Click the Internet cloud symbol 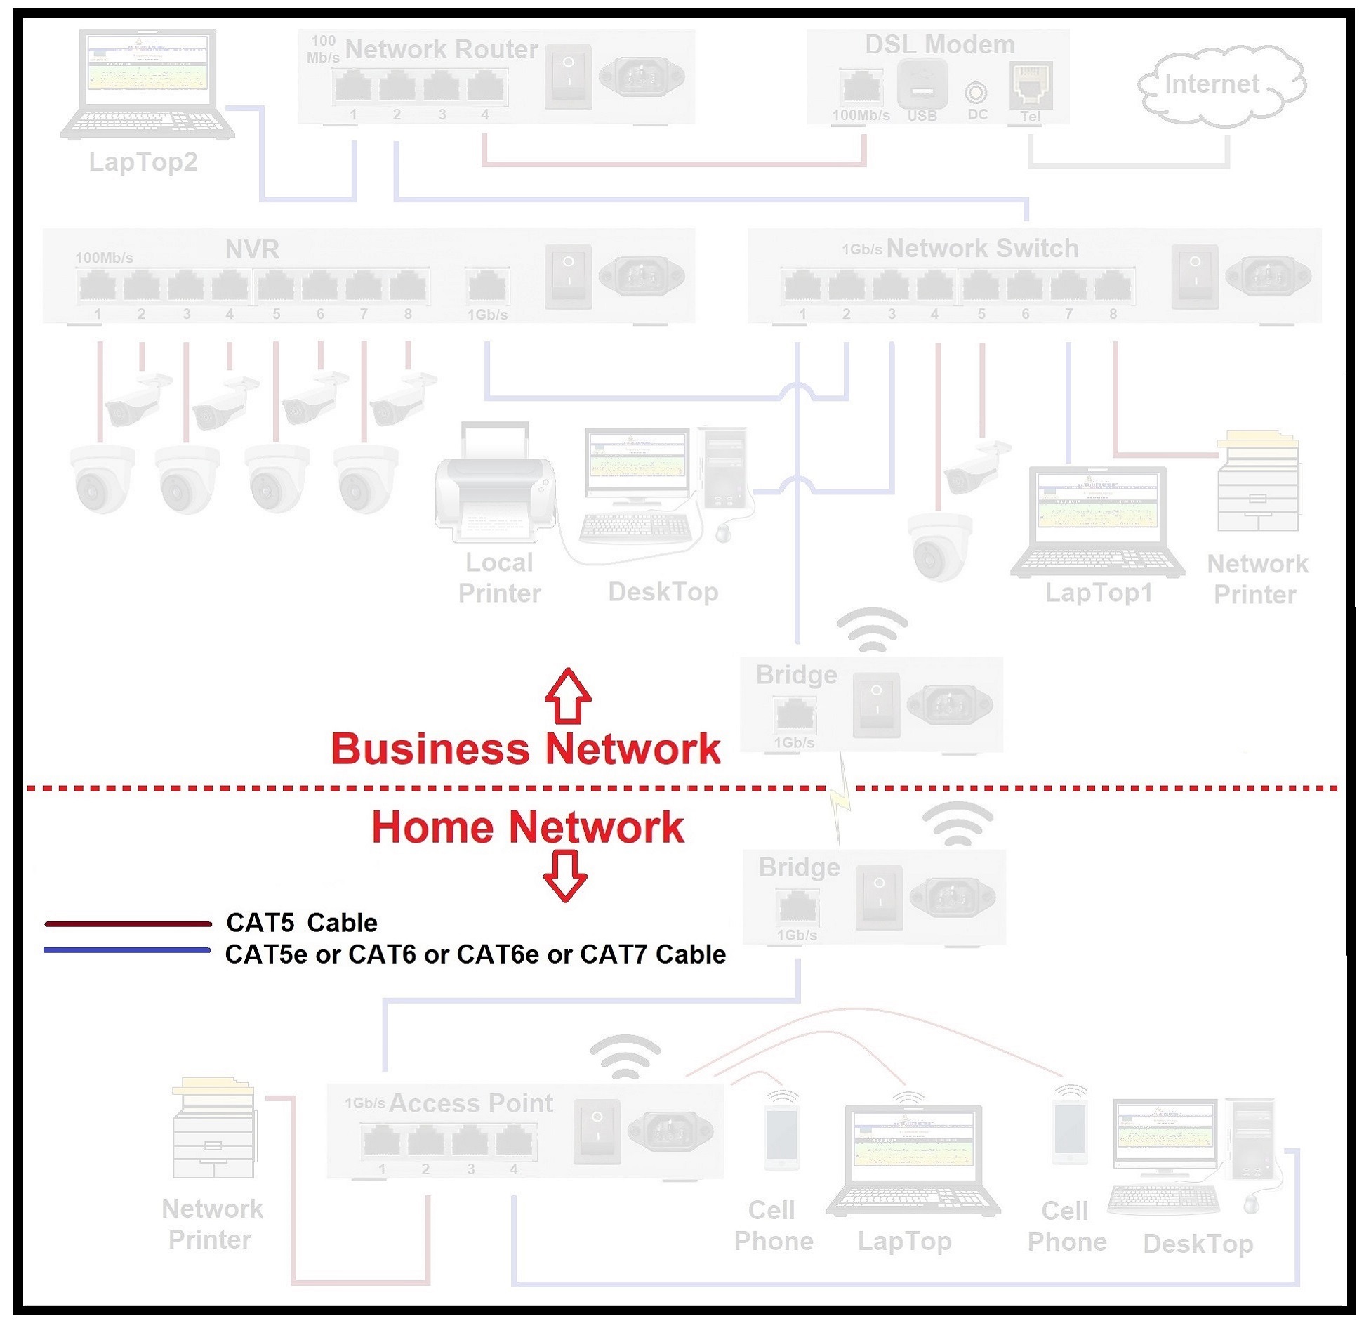pyautogui.click(x=1220, y=86)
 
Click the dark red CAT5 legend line pyautogui.click(x=128, y=924)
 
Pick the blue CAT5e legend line pyautogui.click(x=127, y=950)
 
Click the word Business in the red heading pyautogui.click(x=430, y=749)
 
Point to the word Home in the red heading pyautogui.click(x=432, y=827)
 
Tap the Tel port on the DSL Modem pyautogui.click(x=1030, y=85)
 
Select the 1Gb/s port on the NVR pyautogui.click(x=486, y=287)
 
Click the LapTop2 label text pyautogui.click(x=143, y=162)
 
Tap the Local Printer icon pyautogui.click(x=494, y=485)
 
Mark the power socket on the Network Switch pyautogui.click(x=1267, y=275)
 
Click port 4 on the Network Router pyautogui.click(x=485, y=88)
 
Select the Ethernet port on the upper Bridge pyautogui.click(x=793, y=715)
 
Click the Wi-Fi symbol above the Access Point pyautogui.click(x=625, y=1058)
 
